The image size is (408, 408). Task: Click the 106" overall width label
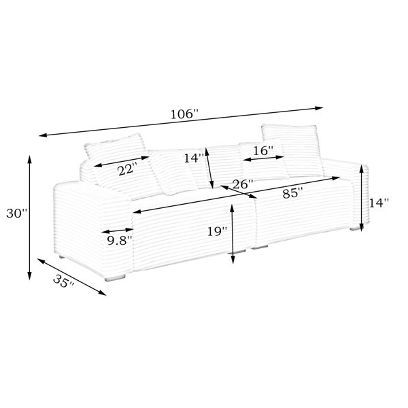pos(184,114)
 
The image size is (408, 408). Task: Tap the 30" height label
pos(16,214)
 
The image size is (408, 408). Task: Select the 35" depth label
pos(64,282)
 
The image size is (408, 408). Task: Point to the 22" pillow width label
pos(126,171)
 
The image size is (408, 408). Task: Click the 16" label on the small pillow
pos(263,150)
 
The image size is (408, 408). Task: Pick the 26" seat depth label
pos(243,184)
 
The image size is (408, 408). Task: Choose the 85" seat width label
pos(292,193)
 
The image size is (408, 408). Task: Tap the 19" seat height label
pos(217,231)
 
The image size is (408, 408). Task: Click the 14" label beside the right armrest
pos(379,203)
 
